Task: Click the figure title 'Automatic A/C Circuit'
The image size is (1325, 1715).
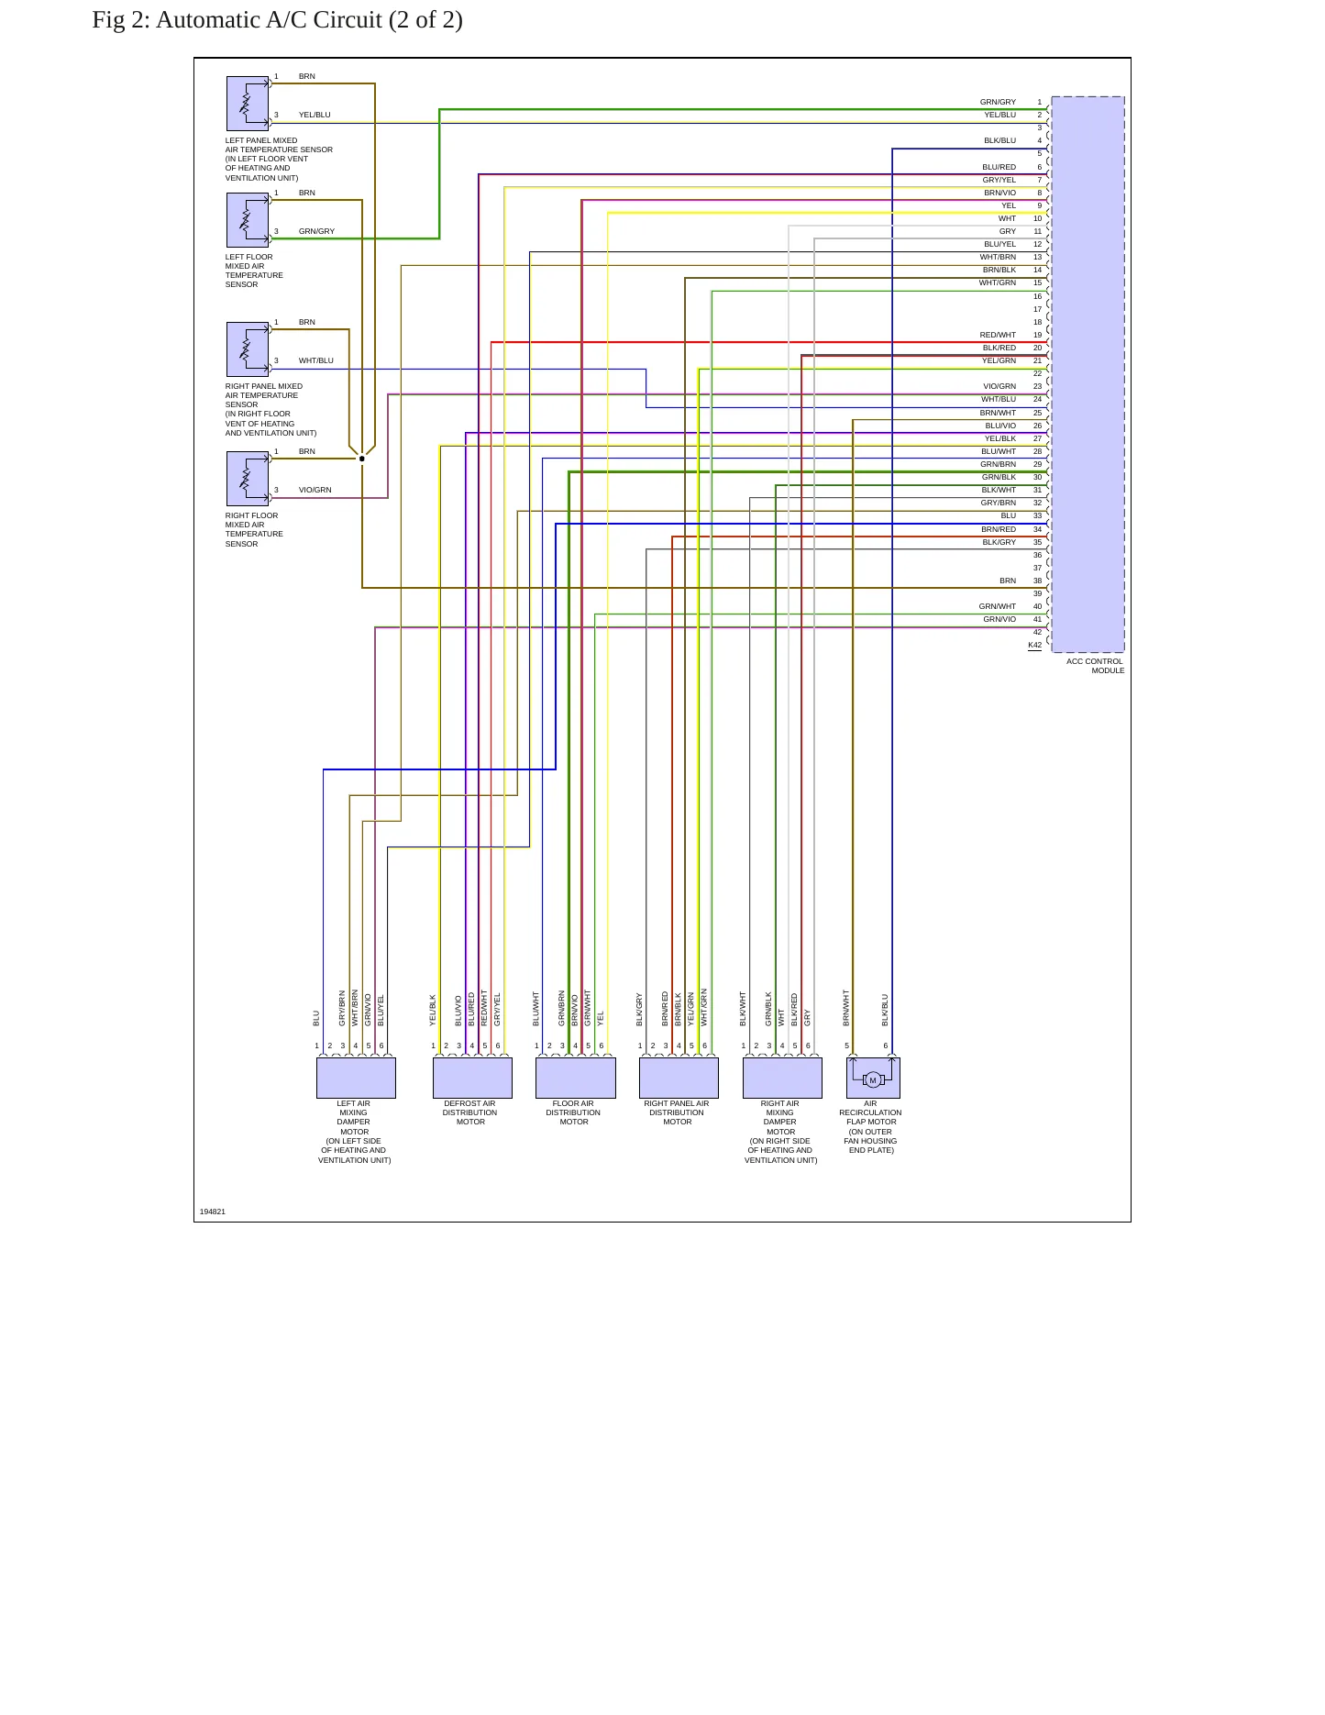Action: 269,20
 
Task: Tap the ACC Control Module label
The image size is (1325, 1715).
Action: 1096,666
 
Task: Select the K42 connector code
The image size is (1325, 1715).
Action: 1034,645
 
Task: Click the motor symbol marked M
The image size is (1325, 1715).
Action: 873,1079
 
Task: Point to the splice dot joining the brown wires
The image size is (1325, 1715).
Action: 362,459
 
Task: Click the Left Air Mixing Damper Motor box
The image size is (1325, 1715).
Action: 356,1078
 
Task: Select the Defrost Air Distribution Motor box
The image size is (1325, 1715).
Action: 472,1078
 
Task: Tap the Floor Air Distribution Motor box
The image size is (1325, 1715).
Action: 576,1078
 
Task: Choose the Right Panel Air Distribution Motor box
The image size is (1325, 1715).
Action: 679,1078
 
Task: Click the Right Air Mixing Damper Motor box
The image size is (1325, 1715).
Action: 782,1078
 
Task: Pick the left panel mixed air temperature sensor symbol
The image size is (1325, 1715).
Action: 248,104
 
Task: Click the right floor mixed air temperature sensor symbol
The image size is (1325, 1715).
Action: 248,479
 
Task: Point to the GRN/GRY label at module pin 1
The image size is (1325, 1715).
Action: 998,103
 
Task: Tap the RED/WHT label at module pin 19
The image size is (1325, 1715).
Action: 998,336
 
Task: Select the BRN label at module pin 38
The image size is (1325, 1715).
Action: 1008,581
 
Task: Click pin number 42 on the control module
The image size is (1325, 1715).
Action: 1038,633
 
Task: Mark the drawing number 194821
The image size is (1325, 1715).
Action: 213,1212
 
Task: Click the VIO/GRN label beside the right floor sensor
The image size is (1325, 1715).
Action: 315,491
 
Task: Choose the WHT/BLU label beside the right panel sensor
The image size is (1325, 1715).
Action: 316,361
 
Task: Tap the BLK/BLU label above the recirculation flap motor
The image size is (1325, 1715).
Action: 886,1010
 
